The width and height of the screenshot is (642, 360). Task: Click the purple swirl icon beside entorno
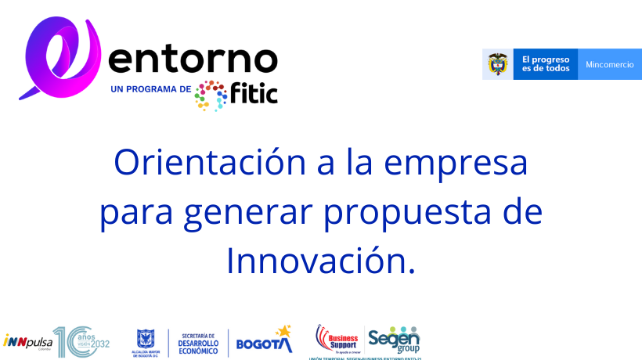tap(61, 59)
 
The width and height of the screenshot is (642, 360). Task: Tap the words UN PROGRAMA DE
tap(151, 89)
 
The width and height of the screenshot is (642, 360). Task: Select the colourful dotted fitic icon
tap(211, 95)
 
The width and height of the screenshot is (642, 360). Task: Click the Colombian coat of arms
tap(497, 64)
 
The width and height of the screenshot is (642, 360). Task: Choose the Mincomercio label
tap(610, 64)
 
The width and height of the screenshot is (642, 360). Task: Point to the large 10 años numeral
tap(68, 342)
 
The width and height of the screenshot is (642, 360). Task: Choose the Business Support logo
tap(337, 338)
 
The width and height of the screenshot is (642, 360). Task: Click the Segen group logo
tap(394, 339)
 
